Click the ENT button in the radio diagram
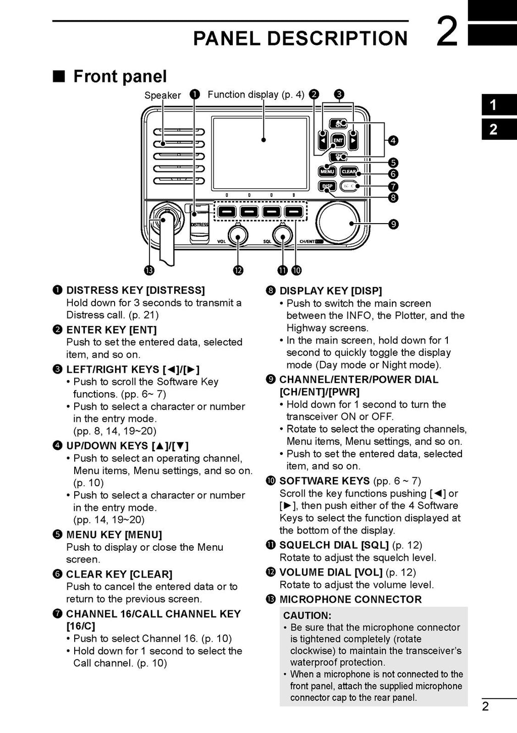click(338, 140)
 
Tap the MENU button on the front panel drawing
click(327, 172)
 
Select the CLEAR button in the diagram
click(349, 172)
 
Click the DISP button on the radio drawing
click(327, 186)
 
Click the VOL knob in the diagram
click(237, 235)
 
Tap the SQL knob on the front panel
click(282, 235)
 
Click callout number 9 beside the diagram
click(393, 224)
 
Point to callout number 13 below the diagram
click(149, 271)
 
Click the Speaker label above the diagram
click(163, 95)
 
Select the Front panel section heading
click(120, 76)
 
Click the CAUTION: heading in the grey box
click(307, 615)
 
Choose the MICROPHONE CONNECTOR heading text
click(350, 599)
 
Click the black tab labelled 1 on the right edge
click(493, 106)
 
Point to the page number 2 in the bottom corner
click(485, 706)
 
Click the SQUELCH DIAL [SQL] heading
click(334, 545)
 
